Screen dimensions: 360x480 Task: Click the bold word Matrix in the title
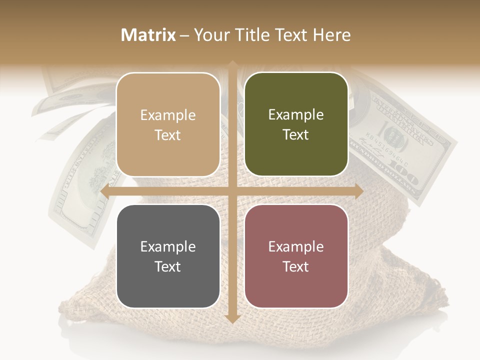point(148,35)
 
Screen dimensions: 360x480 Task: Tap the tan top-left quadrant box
point(168,124)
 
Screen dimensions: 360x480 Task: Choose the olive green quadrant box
point(296,124)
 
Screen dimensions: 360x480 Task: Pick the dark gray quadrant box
point(168,256)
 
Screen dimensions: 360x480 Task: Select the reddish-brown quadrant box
point(296,256)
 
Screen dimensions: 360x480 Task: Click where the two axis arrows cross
point(232,191)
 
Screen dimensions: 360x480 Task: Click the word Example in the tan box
point(168,115)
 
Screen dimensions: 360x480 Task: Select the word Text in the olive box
point(296,135)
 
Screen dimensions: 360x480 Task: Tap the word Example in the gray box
point(168,246)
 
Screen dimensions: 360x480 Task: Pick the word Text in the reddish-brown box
point(296,266)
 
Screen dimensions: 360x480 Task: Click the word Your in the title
point(210,35)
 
